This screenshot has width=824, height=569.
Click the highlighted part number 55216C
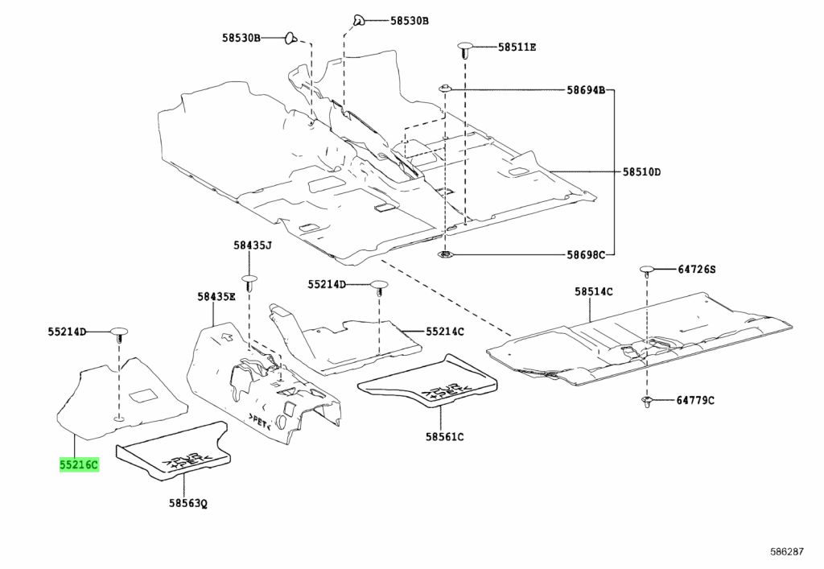[79, 465]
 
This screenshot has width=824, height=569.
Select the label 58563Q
[188, 503]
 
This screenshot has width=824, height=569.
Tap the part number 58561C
[444, 436]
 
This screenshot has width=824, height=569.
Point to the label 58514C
[593, 291]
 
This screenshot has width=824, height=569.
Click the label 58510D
[641, 171]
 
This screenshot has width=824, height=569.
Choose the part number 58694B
[586, 90]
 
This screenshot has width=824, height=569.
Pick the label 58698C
[586, 255]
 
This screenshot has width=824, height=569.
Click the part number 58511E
[517, 47]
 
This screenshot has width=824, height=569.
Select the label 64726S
[696, 270]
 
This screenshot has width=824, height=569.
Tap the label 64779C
[695, 400]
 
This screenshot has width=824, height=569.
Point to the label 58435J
[253, 245]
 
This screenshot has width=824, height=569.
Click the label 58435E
[216, 297]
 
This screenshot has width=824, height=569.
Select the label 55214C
[445, 332]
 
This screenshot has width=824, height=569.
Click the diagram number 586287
[787, 551]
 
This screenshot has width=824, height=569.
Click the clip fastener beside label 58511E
[465, 50]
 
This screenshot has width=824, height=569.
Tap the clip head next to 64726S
[646, 271]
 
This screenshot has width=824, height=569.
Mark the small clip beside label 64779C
[646, 402]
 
